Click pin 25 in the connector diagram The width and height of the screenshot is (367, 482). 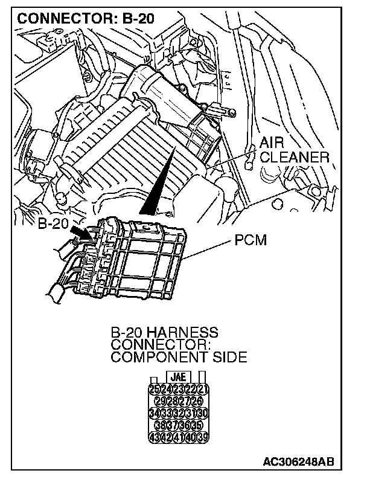coord(153,389)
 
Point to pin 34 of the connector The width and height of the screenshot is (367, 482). coord(153,413)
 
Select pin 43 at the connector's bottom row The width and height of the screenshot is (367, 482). coord(153,437)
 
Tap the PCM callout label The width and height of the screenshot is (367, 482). coord(251,241)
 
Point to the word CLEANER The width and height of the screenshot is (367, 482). coord(295,158)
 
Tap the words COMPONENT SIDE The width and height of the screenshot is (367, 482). coord(179,357)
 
